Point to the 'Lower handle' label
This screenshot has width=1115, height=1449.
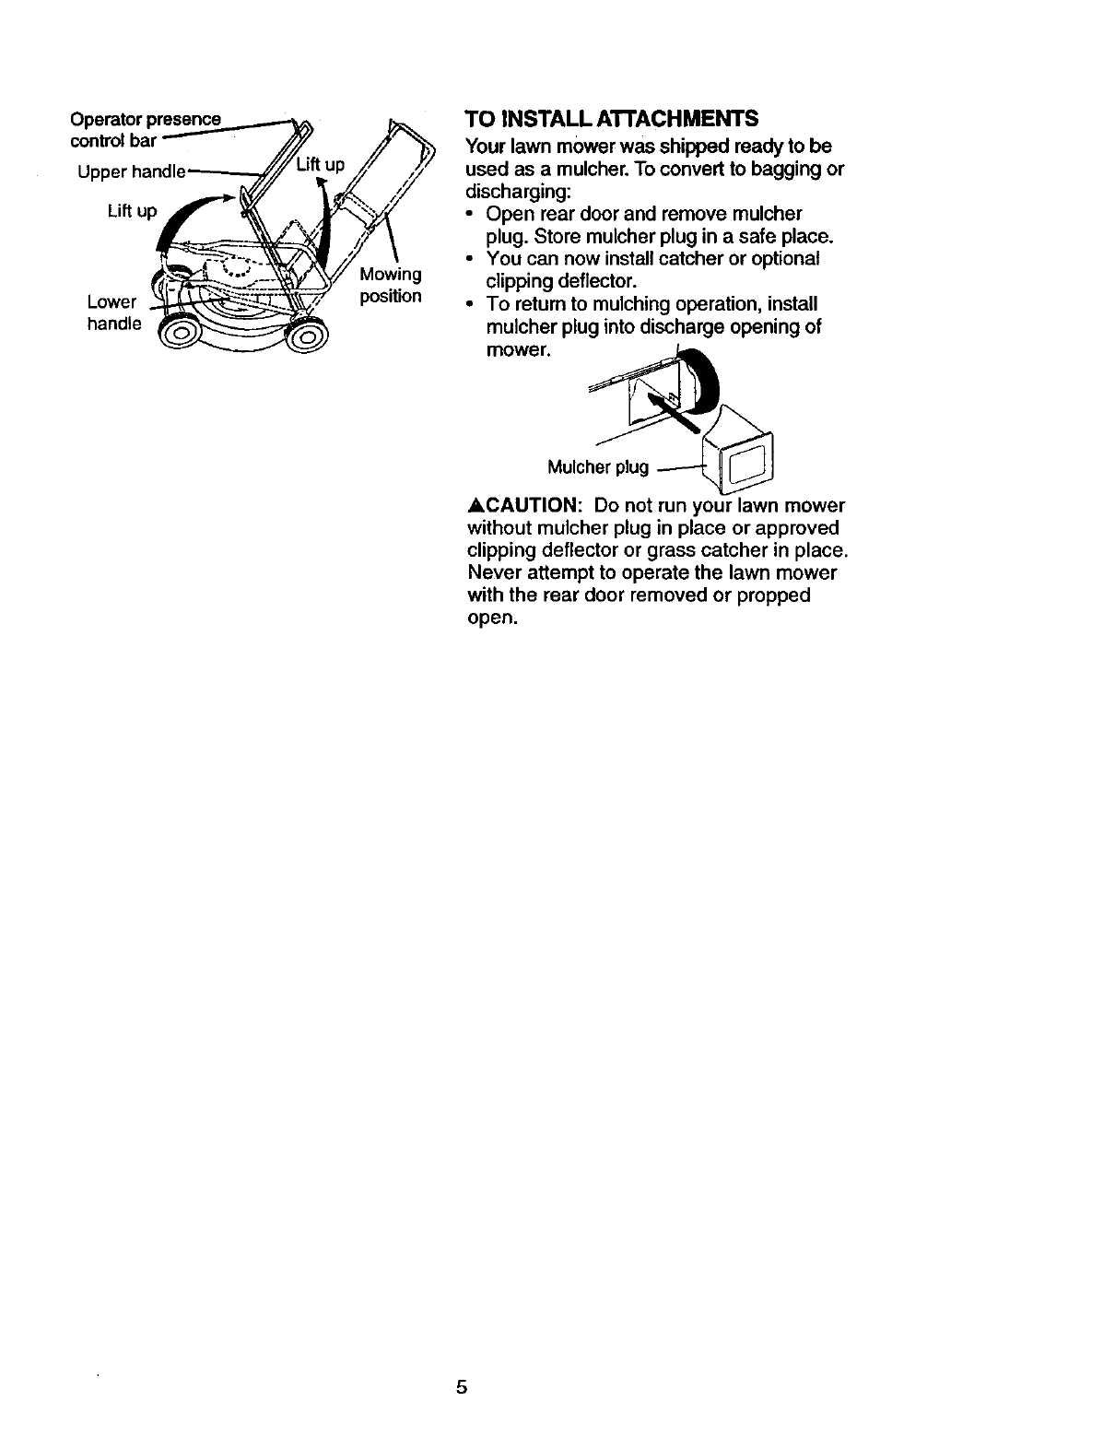[112, 313]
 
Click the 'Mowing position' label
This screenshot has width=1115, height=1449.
[390, 285]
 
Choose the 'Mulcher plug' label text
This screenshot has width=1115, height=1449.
[598, 467]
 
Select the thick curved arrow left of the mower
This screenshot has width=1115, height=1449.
[184, 221]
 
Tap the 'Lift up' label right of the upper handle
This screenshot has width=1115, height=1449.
[321, 166]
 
